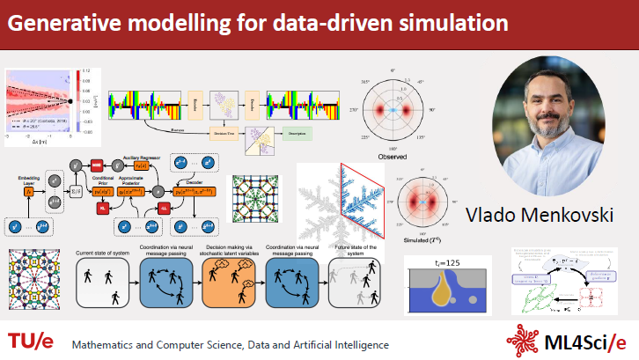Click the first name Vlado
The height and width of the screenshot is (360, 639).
(x=491, y=214)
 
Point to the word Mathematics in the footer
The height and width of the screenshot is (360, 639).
(x=111, y=342)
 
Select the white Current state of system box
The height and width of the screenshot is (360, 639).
(x=101, y=286)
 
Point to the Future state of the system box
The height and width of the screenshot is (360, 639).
(x=355, y=286)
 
